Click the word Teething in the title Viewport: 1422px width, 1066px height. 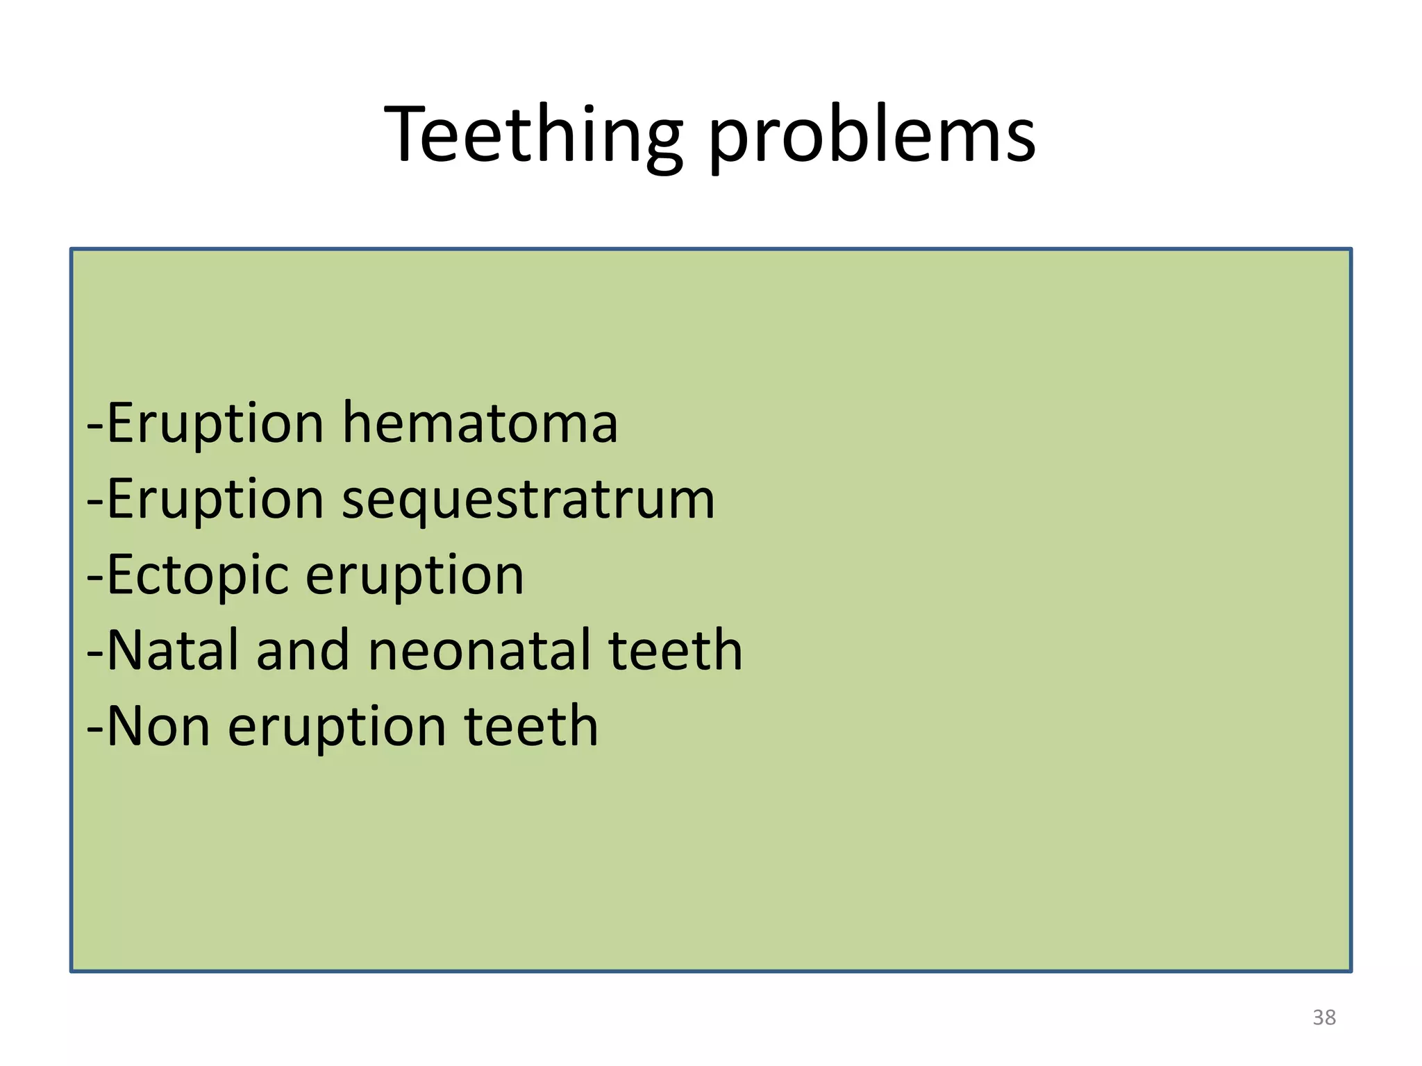[x=533, y=135]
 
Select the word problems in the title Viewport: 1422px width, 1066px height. [x=872, y=135]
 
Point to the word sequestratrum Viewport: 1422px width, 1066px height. [x=528, y=500]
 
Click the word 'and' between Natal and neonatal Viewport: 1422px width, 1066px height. [x=303, y=650]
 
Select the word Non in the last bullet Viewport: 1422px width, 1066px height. [x=159, y=726]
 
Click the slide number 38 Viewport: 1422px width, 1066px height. [x=1324, y=1017]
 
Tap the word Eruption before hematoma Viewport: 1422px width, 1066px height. [x=216, y=424]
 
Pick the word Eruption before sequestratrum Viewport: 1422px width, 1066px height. [x=216, y=500]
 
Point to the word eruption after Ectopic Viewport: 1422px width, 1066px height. [x=415, y=576]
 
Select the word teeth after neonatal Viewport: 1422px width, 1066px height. [x=676, y=650]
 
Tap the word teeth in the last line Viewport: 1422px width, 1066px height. [x=531, y=726]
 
